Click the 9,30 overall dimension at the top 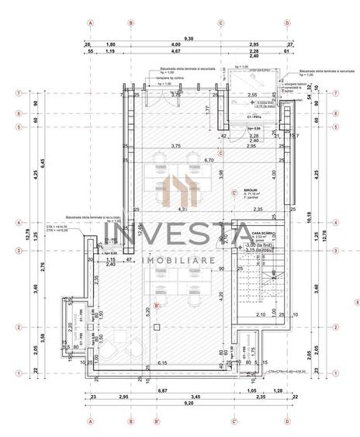click(x=189, y=38)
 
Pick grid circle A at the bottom click(x=91, y=423)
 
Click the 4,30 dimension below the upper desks click(x=182, y=210)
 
